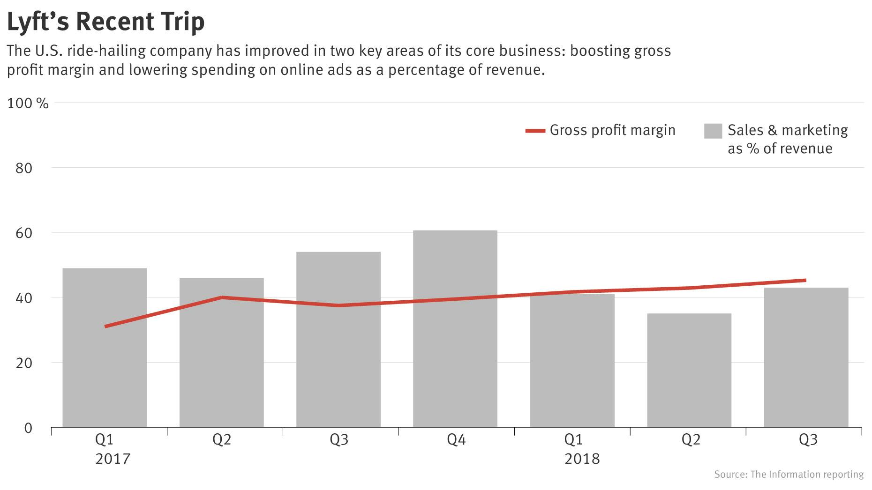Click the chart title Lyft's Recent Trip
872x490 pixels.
click(106, 22)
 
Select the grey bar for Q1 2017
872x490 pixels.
click(105, 356)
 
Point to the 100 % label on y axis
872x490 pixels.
click(28, 104)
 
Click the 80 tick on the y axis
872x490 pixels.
click(24, 168)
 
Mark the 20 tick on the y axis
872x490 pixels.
click(24, 363)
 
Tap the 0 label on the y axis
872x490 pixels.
click(28, 428)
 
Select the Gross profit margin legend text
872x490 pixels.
click(612, 130)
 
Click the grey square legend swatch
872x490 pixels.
click(713, 131)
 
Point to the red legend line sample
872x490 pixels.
click(535, 131)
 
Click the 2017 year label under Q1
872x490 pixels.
click(113, 459)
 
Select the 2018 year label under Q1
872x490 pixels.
click(582, 459)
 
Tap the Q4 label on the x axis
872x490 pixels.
click(456, 440)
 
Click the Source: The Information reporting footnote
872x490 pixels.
click(789, 475)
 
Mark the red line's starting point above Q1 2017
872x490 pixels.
click(106, 327)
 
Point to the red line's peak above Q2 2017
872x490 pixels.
click(222, 297)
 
